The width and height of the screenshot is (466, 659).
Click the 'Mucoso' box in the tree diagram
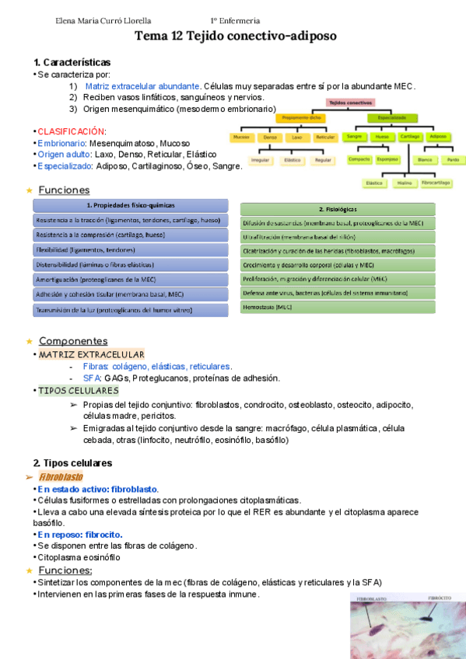[241, 137]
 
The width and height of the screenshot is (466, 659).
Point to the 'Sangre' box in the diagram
[354, 137]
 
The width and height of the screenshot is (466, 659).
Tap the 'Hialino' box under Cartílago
[404, 183]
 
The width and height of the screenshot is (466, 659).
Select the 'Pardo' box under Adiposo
[451, 160]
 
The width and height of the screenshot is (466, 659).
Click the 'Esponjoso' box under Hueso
[387, 160]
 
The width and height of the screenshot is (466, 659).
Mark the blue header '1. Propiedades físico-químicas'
[131, 206]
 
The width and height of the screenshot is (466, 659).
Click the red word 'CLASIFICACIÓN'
[71, 131]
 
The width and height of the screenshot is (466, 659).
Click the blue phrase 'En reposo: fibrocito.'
[80, 535]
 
